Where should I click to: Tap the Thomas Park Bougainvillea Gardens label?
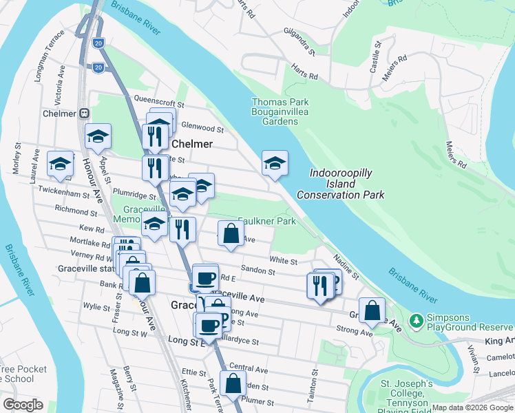275,112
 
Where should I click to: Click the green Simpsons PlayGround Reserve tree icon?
416,321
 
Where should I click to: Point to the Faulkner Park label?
267,221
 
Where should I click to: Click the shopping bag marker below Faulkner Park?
231,235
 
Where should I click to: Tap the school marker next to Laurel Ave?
61,165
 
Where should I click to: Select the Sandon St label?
259,271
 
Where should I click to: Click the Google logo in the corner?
23,404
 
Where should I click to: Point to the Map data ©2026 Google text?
472,407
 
